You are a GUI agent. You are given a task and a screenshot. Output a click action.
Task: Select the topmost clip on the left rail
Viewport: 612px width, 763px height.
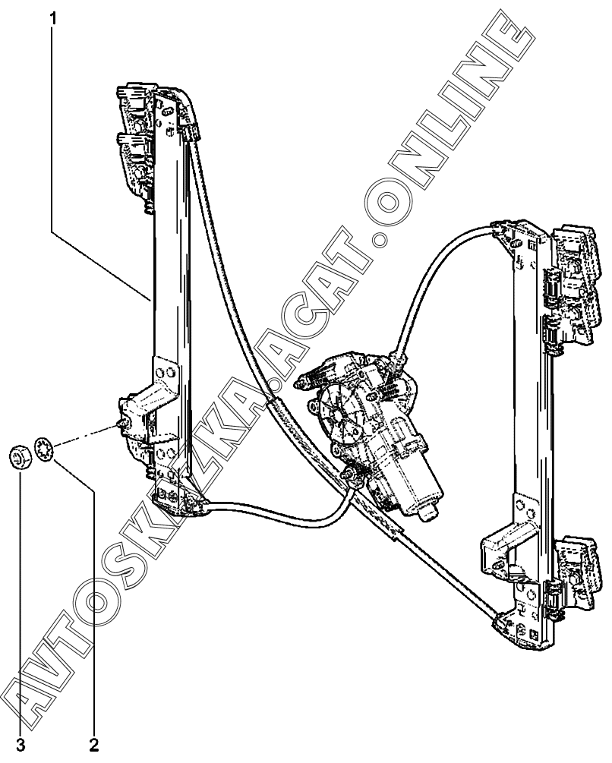(134, 99)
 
